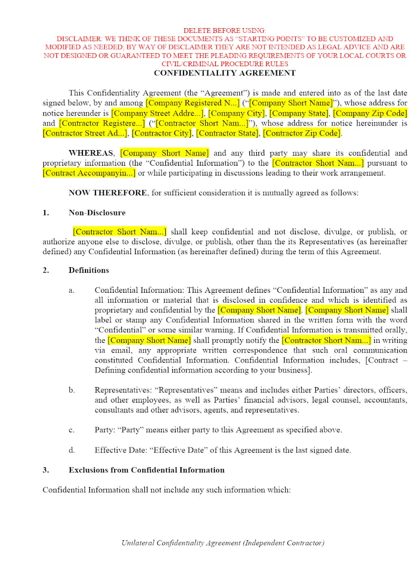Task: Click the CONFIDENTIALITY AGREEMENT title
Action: (x=225, y=73)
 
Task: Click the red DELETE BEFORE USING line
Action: (x=225, y=31)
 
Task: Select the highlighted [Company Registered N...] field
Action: (x=193, y=103)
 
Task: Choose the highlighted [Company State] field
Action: (x=299, y=113)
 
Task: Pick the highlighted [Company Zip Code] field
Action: (x=370, y=113)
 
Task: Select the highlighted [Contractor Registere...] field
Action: (x=102, y=123)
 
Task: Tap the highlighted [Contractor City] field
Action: (x=163, y=133)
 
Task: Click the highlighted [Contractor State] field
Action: (x=227, y=133)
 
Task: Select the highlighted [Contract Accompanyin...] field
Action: (x=89, y=173)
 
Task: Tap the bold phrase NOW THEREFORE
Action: (x=107, y=193)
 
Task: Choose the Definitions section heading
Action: (x=89, y=270)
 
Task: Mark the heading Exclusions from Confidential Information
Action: (x=146, y=470)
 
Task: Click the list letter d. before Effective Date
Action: (x=71, y=450)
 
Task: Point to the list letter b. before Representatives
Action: (x=71, y=390)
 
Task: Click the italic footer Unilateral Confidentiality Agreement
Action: (x=223, y=543)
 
